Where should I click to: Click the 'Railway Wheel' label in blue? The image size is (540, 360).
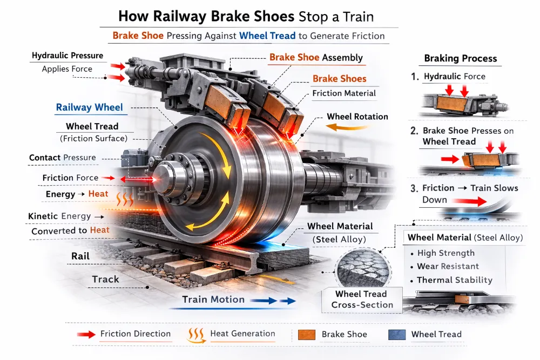tap(89, 107)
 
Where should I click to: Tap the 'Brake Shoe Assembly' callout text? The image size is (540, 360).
tap(316, 57)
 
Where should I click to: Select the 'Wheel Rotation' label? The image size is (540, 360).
tap(357, 117)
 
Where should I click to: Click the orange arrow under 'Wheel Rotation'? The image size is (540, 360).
tap(347, 128)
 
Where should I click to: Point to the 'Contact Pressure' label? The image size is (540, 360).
tap(62, 158)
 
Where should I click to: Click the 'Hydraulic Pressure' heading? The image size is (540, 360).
tap(67, 56)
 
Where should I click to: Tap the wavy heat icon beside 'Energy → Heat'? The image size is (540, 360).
tap(125, 199)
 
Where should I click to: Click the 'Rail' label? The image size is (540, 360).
tap(80, 256)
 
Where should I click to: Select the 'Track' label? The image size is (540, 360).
tap(105, 279)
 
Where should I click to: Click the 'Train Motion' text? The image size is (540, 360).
tap(213, 300)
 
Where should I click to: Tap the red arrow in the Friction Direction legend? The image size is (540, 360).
tap(86, 334)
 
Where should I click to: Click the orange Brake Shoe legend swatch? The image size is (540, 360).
tap(307, 335)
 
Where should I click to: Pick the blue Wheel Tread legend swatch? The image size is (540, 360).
tap(397, 335)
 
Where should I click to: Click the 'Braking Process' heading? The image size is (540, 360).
tap(461, 58)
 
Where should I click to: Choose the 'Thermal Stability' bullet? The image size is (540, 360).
tap(455, 280)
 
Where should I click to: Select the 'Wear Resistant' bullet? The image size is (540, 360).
tap(448, 267)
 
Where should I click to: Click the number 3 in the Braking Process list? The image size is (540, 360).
tap(414, 188)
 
